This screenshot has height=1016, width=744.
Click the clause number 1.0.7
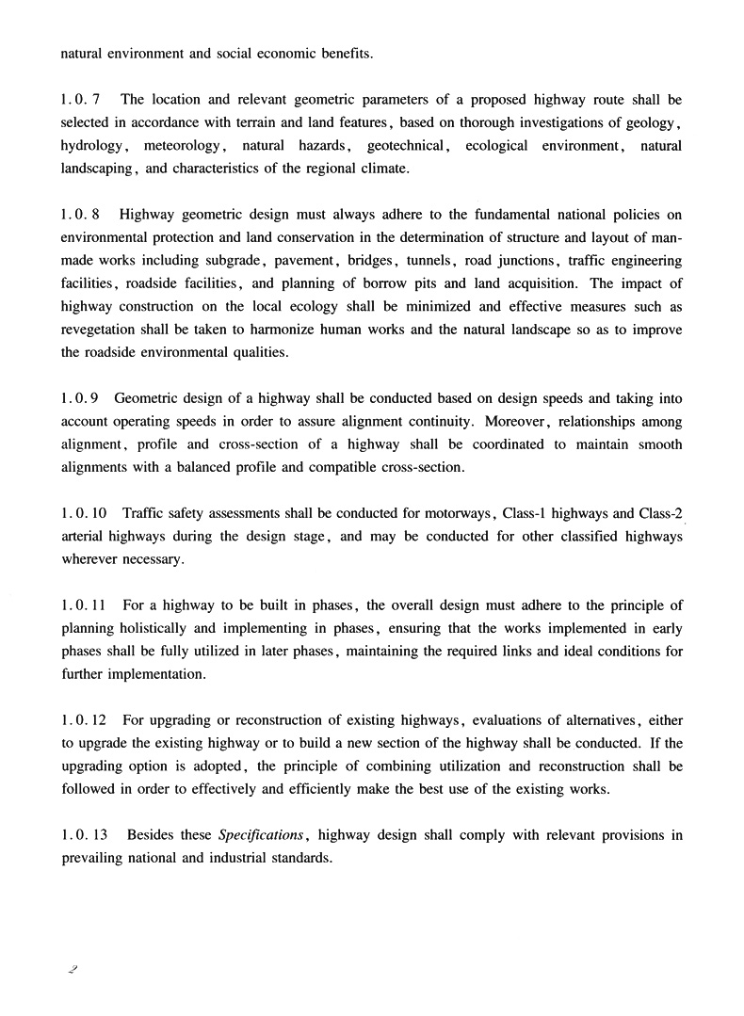[x=81, y=99]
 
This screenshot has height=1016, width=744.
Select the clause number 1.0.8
[x=81, y=215]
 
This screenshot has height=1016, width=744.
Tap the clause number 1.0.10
[x=84, y=513]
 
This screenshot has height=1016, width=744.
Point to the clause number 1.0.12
[x=84, y=720]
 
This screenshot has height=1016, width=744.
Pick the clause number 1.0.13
[x=84, y=834]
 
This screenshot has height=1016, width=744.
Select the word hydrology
[x=92, y=146]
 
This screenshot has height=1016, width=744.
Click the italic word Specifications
[x=261, y=834]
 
